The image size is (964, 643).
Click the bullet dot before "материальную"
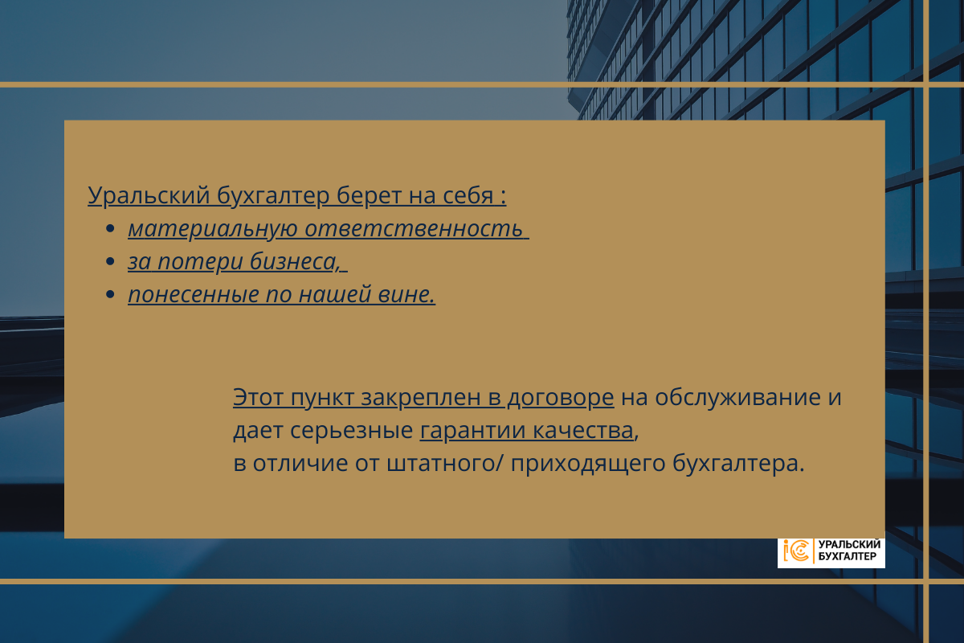pos(110,228)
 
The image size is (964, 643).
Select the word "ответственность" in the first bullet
pos(414,228)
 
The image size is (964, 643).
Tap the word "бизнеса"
pos(295,261)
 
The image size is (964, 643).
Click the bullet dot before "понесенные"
pos(110,294)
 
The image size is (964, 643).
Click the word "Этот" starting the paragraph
pos(258,397)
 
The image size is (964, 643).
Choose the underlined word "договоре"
pos(561,398)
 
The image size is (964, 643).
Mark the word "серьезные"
pos(352,431)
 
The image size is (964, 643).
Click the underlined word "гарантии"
pos(472,431)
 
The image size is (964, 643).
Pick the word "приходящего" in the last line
pos(588,465)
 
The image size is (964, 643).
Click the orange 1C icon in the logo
pos(796,551)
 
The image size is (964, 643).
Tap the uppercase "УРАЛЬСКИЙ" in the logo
pos(850,545)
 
